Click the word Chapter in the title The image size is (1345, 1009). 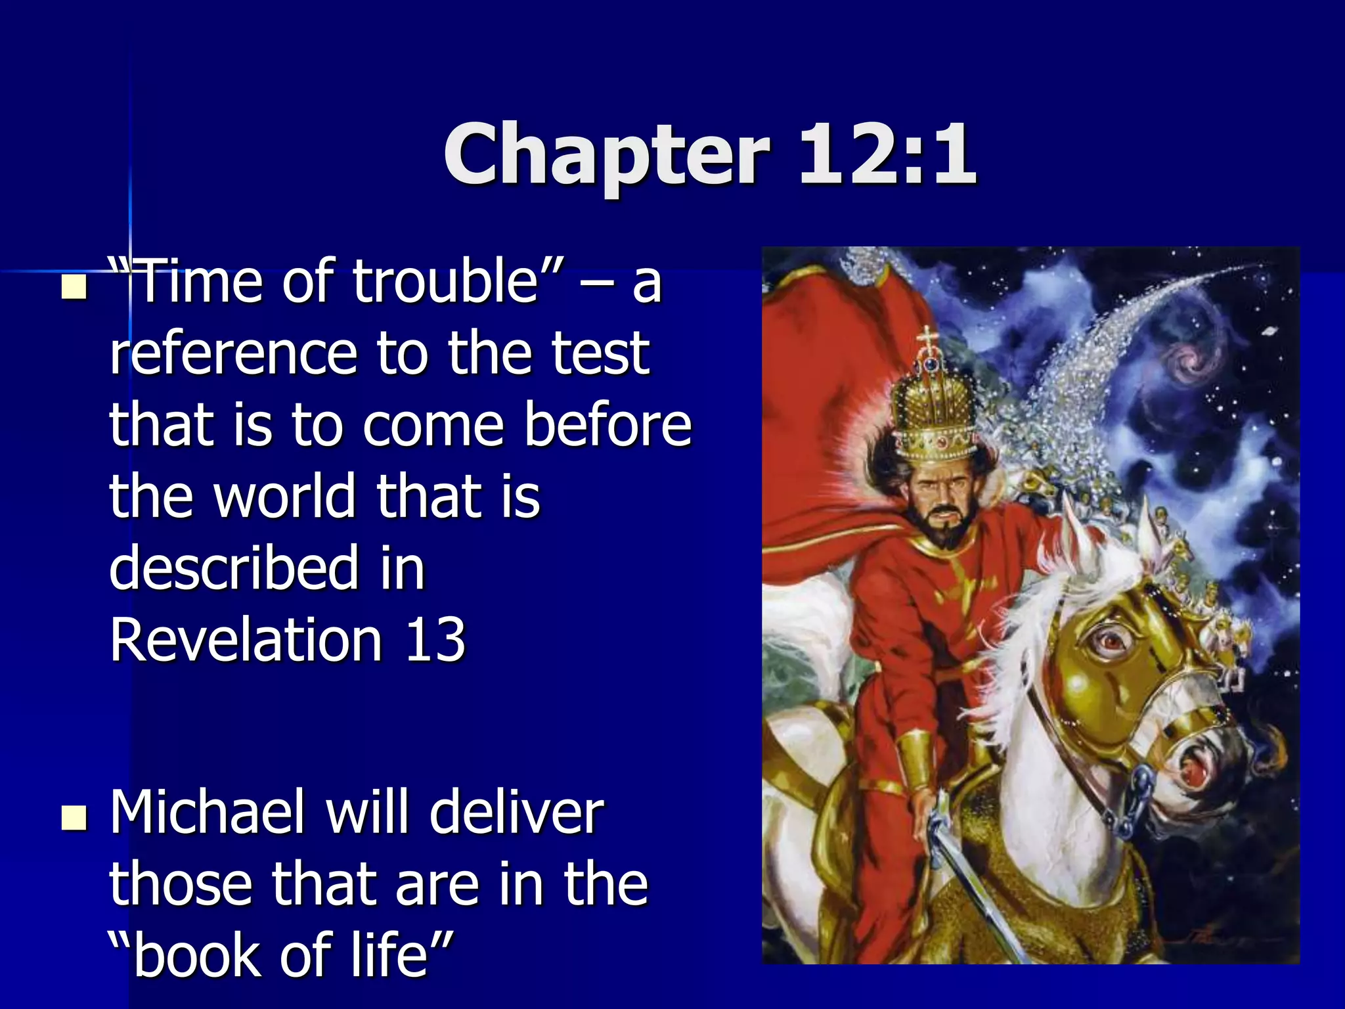[x=606, y=156]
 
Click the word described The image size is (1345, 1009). [x=234, y=568]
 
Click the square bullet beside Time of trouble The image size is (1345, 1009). [x=74, y=287]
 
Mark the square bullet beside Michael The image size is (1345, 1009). [x=74, y=818]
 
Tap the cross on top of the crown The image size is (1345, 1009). [x=927, y=338]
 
